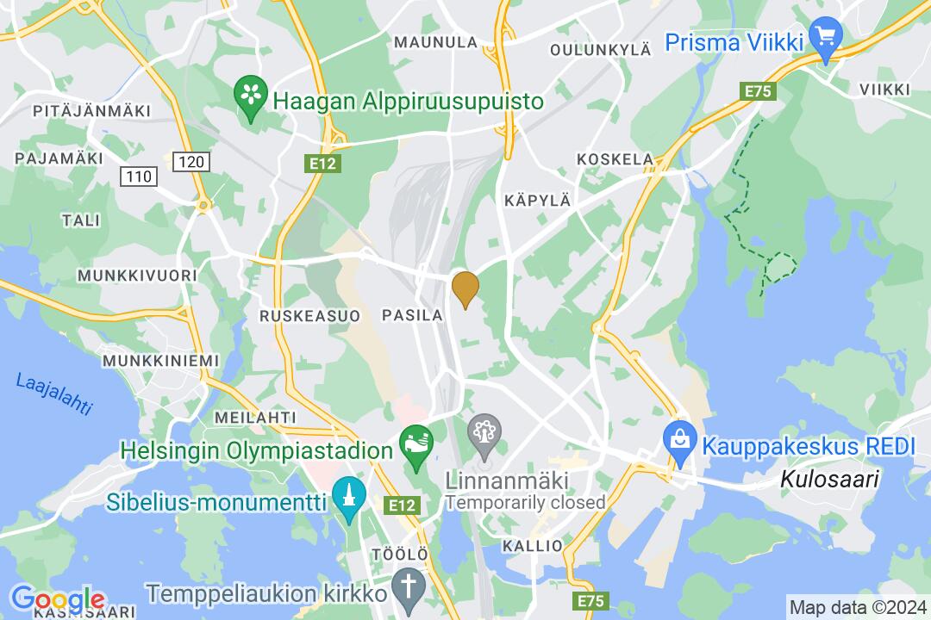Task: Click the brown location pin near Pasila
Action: pyautogui.click(x=465, y=288)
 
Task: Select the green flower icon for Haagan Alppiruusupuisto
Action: pyautogui.click(x=251, y=99)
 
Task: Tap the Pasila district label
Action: pyautogui.click(x=412, y=316)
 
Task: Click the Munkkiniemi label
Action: pyautogui.click(x=160, y=360)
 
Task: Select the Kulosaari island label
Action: pyautogui.click(x=829, y=480)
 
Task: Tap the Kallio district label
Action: pyautogui.click(x=533, y=546)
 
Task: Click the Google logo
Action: pyautogui.click(x=57, y=598)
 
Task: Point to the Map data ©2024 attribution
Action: pyautogui.click(x=858, y=606)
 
